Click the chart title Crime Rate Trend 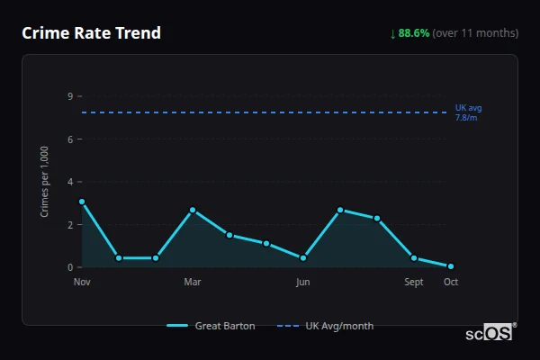[x=91, y=33]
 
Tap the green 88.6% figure [x=414, y=33]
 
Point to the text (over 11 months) [x=475, y=33]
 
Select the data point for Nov [x=82, y=202]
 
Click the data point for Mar [x=193, y=210]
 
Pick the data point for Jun [x=303, y=258]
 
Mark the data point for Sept [x=414, y=258]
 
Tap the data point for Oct [x=451, y=266]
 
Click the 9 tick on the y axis [x=69, y=96]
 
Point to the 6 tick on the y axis [x=69, y=139]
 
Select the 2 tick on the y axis [x=69, y=225]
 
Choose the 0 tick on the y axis [x=69, y=267]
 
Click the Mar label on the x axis [x=193, y=282]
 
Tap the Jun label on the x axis [x=303, y=282]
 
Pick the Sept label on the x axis [x=414, y=282]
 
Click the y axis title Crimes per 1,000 [x=45, y=181]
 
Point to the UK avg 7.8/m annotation [x=468, y=112]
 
